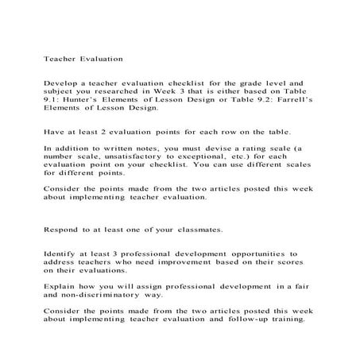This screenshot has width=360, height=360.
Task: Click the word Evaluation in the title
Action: click(99, 58)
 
